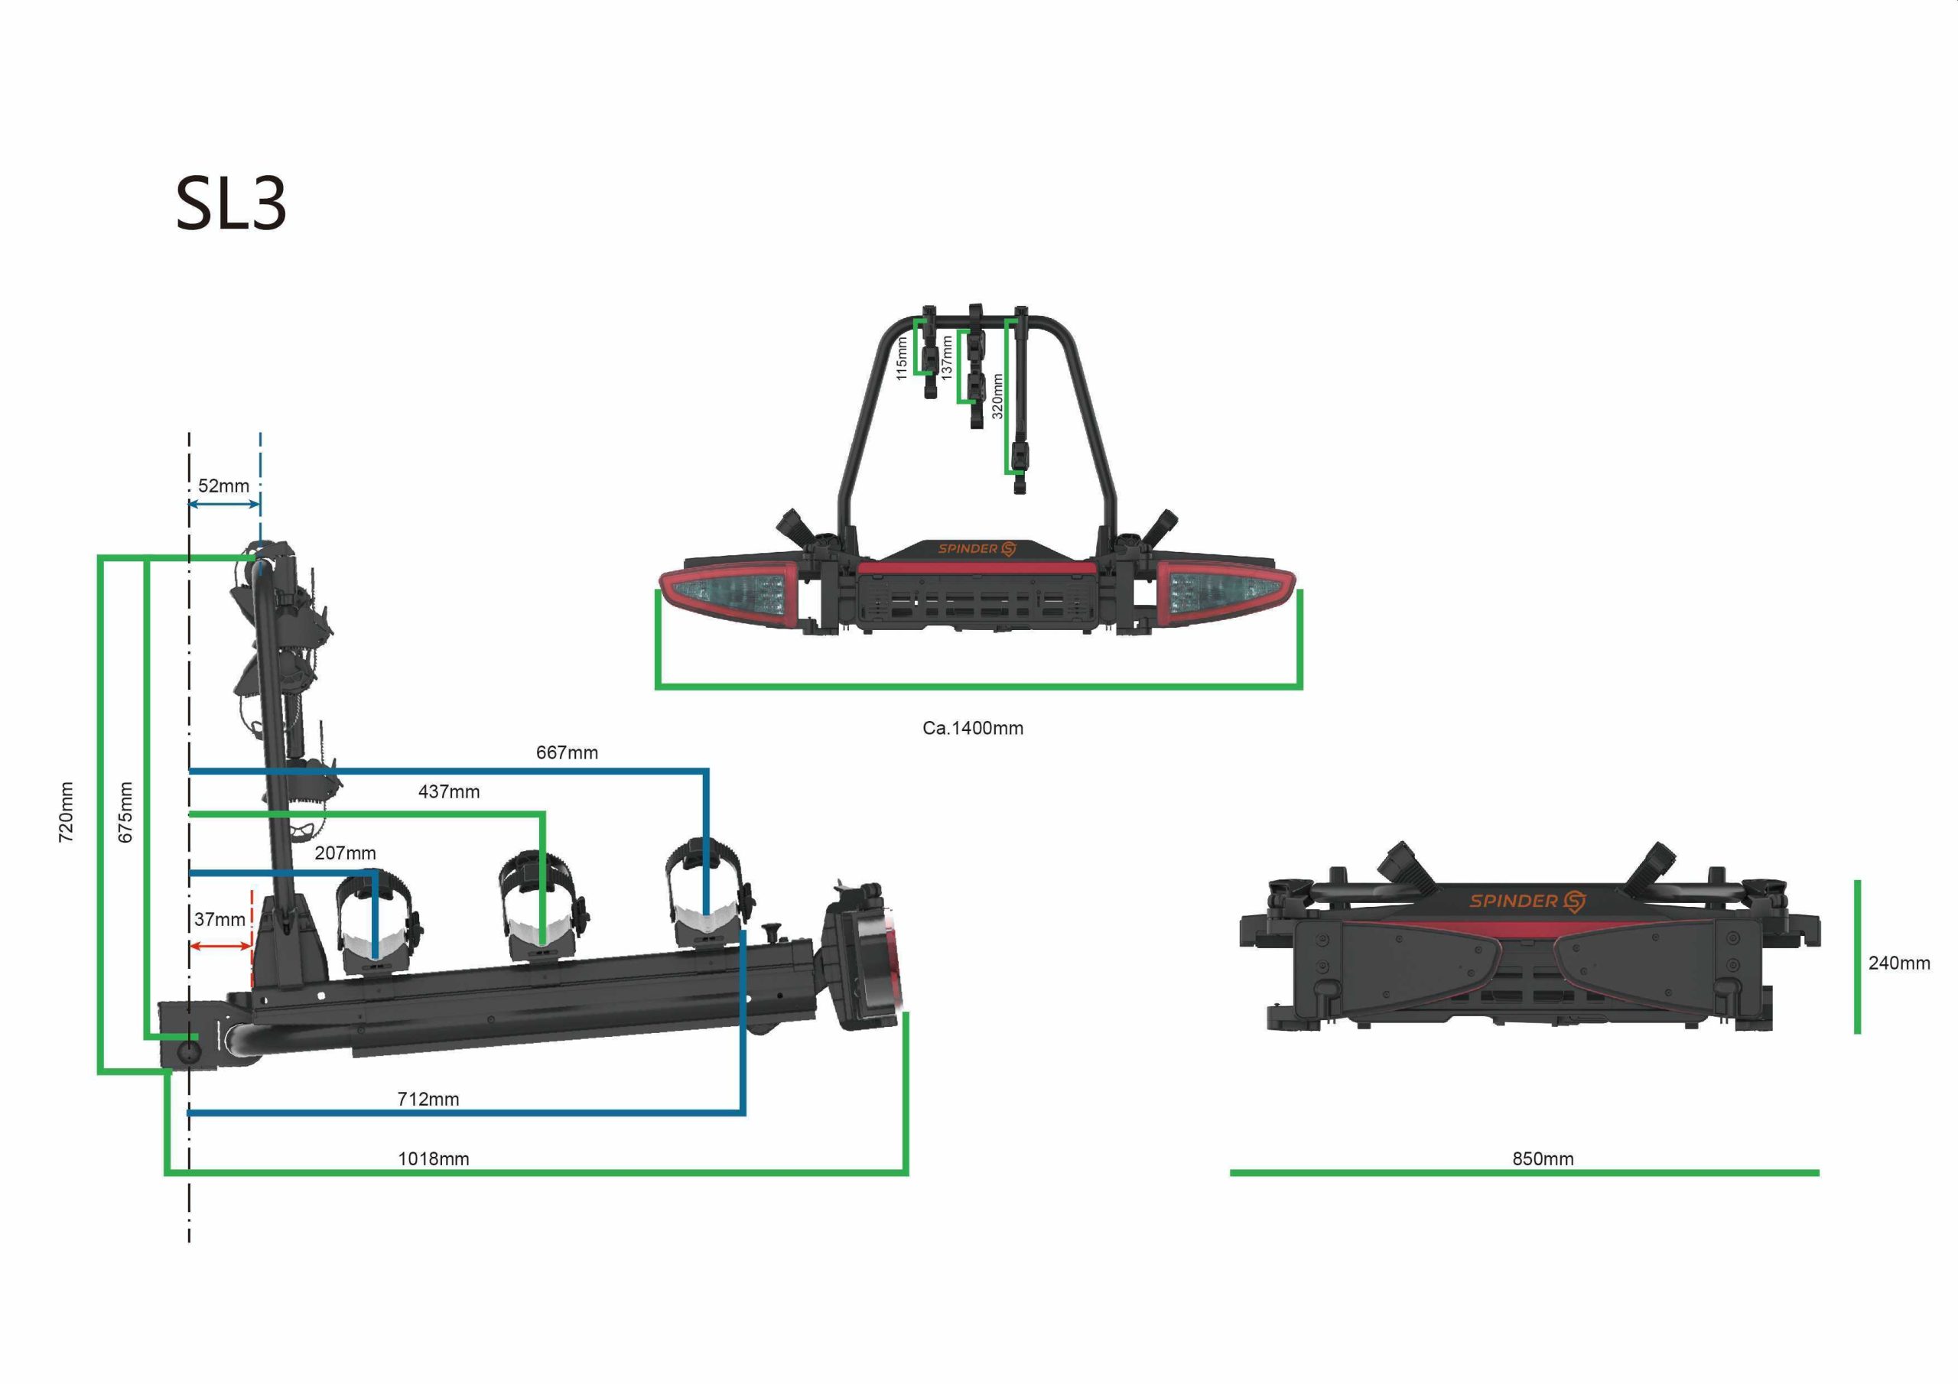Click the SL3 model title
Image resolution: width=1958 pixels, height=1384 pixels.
coord(231,204)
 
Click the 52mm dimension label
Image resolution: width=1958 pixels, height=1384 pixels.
coord(223,486)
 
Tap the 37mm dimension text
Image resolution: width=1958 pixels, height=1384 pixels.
coord(220,919)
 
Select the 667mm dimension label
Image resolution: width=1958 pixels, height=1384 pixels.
coord(567,752)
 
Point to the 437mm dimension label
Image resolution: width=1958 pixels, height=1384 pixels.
coord(448,791)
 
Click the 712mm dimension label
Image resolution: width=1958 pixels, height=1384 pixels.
coord(428,1100)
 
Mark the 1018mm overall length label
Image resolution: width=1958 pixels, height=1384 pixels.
coord(433,1159)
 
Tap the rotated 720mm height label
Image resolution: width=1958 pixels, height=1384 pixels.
coord(66,812)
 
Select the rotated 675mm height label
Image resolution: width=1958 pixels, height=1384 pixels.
coord(125,812)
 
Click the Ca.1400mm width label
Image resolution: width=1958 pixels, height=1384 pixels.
coord(973,728)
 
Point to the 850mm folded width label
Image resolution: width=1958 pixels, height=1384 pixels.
coord(1543,1159)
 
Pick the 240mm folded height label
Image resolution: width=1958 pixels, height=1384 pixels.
coord(1899,963)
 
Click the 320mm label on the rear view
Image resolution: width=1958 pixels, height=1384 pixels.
coord(998,395)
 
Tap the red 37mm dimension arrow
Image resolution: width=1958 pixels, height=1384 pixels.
coord(221,946)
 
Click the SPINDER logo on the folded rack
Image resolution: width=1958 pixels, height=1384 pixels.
coord(1527,902)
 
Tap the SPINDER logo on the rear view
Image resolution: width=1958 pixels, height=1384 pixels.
coord(977,548)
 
